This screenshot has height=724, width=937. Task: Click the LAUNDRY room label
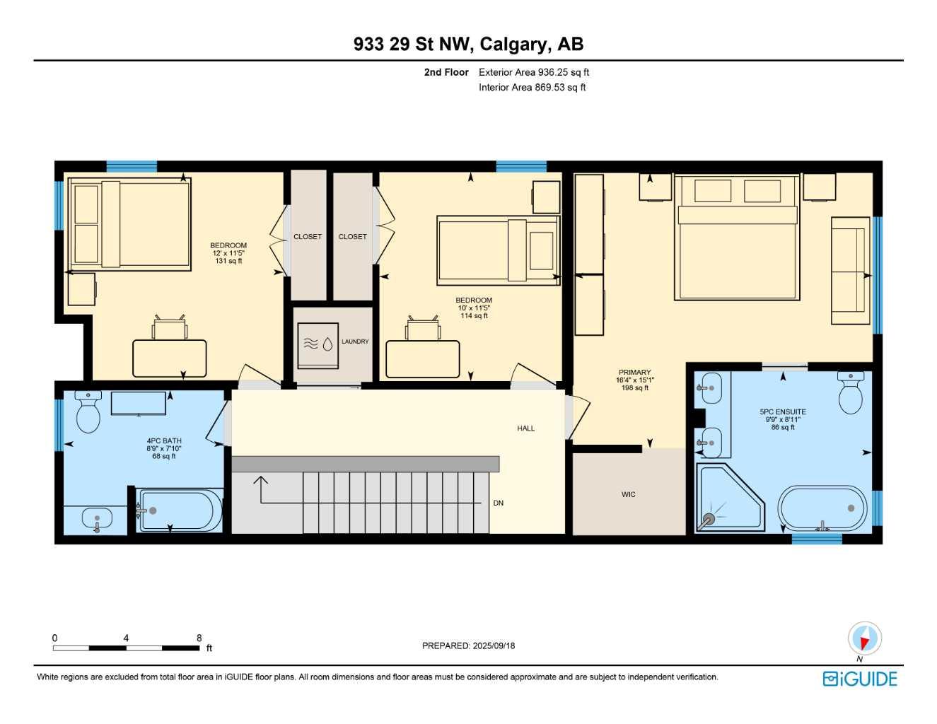(355, 341)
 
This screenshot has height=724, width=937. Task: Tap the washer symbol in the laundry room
(318, 345)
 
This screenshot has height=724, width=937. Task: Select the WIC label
(628, 494)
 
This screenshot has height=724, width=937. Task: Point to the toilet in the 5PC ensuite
(850, 393)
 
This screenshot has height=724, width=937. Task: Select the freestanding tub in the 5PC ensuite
(822, 508)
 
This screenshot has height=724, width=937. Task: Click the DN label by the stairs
(499, 503)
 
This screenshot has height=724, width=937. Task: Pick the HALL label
(525, 428)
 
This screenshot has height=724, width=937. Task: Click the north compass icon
(863, 638)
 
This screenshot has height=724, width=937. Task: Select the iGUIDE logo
(860, 679)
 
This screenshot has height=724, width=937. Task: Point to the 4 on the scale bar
(126, 638)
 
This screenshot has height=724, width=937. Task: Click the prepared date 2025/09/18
(468, 646)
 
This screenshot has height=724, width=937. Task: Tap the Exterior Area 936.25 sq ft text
(534, 72)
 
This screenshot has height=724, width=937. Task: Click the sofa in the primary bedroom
(850, 271)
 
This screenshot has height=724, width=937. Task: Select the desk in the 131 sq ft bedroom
(170, 358)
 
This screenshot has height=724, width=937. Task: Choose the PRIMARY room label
(634, 372)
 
